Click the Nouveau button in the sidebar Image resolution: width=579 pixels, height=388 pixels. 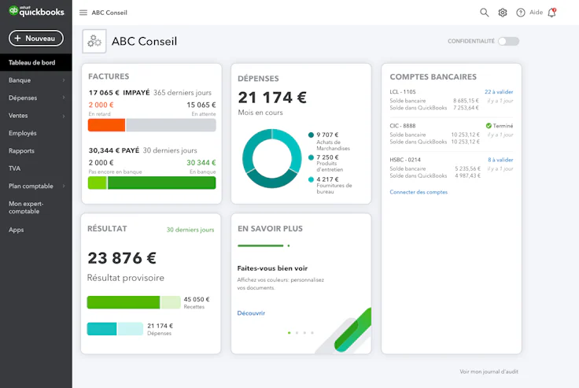point(35,38)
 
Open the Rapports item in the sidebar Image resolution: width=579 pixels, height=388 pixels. point(21,150)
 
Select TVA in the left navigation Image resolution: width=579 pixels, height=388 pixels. point(15,168)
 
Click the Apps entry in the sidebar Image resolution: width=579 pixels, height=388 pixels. point(16,230)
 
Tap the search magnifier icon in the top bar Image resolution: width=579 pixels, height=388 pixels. point(485,13)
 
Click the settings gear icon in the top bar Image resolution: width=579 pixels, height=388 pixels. point(503,13)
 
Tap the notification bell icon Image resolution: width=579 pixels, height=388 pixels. point(551,13)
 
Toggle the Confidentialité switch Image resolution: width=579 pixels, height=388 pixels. point(508,41)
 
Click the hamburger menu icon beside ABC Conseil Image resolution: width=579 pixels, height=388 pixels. point(83,13)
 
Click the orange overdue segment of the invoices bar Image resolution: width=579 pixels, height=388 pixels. point(106,125)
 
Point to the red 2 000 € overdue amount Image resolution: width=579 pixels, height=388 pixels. point(101,105)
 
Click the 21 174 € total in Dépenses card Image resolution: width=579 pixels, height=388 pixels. point(272,98)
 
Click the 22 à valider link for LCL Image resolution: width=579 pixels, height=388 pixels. point(498,91)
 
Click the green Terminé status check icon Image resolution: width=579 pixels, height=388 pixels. point(489,125)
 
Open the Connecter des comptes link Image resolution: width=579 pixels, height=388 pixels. point(419,192)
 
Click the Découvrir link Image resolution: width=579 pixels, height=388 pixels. point(251,312)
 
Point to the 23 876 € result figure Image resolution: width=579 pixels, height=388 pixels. point(122,258)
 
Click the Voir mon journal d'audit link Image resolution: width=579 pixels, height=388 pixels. point(489,371)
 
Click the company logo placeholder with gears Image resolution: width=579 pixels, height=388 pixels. point(94,42)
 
